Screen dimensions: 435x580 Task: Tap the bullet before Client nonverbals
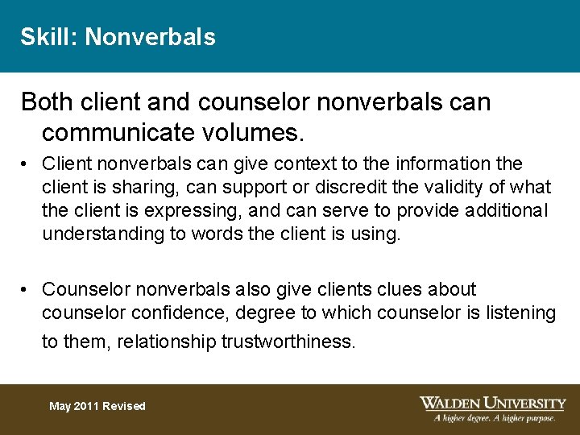27,164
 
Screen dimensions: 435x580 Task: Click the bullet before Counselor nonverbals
27,289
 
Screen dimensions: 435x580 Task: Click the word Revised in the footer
124,406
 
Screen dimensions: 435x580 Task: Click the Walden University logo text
493,403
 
